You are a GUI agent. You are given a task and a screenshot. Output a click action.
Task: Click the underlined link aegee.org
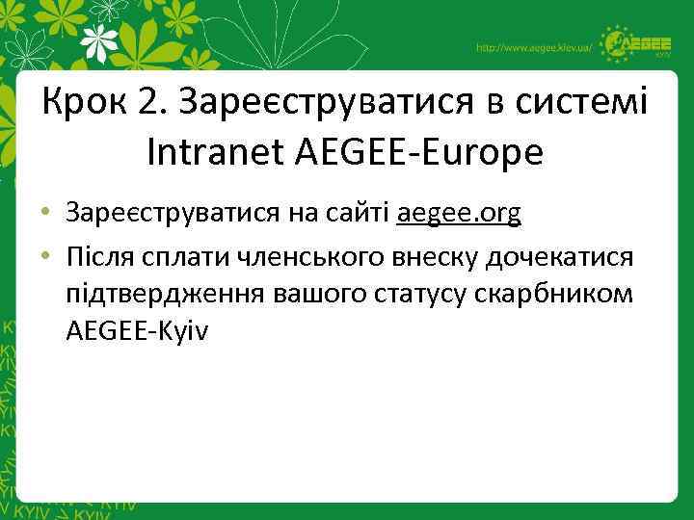459,215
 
